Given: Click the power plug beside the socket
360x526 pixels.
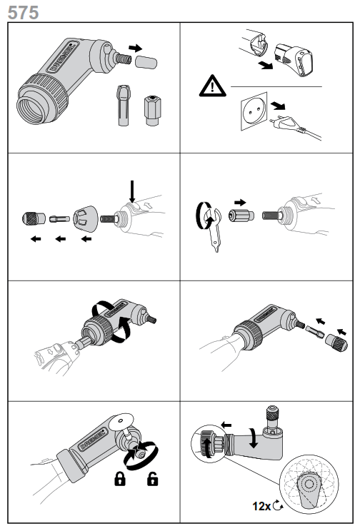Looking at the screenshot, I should point(284,122).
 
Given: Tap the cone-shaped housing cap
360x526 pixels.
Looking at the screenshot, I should point(87,216).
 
